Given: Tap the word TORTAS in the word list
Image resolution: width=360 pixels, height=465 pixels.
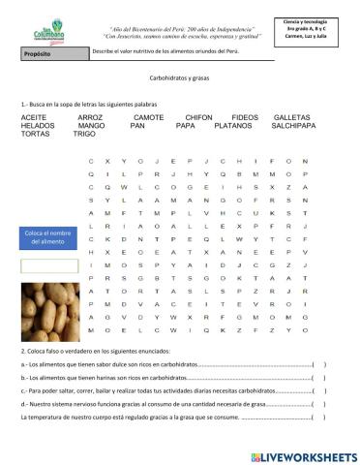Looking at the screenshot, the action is (36, 134).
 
